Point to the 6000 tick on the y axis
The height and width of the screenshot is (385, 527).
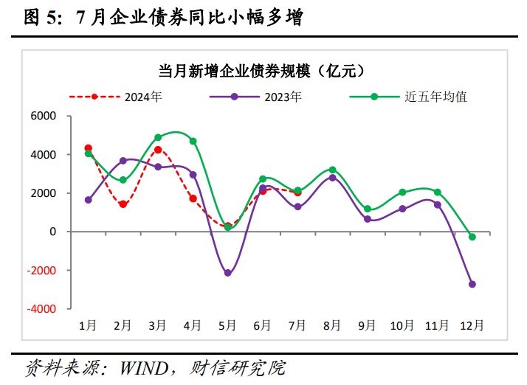[44, 117]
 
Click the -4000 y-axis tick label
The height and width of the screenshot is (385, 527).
[41, 309]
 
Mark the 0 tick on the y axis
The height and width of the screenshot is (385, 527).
[52, 232]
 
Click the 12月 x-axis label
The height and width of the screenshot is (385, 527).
[472, 325]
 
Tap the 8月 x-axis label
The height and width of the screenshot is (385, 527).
[332, 325]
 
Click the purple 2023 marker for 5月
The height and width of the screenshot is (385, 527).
[228, 273]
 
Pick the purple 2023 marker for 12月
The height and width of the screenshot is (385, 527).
[472, 284]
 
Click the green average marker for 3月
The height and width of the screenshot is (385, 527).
[158, 138]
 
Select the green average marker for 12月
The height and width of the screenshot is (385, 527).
[472, 237]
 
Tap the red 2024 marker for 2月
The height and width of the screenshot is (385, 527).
[123, 204]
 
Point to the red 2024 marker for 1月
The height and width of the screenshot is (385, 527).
[89, 148]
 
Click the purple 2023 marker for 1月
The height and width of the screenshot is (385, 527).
[89, 200]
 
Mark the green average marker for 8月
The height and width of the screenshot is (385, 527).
[332, 170]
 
